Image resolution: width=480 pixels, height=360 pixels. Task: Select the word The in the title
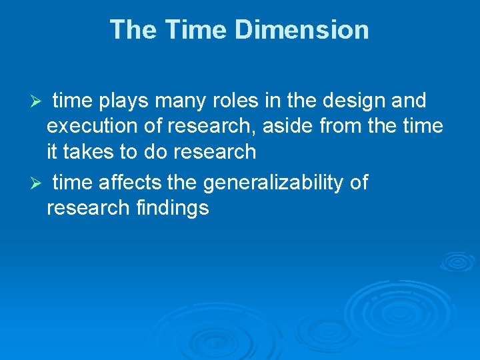[133, 30]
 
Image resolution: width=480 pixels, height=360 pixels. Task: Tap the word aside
[305, 127]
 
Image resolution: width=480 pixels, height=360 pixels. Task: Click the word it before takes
[52, 152]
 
